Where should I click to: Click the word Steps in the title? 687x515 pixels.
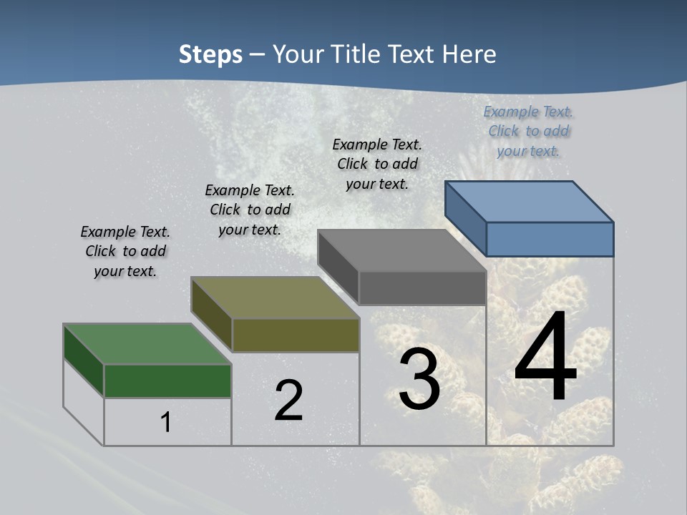(x=210, y=54)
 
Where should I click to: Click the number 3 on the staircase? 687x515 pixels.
(x=419, y=379)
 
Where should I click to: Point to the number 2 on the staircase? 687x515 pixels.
(x=288, y=401)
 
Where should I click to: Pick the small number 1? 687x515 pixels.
(x=166, y=422)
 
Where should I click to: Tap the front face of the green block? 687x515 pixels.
(x=167, y=381)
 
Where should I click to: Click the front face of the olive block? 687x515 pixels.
(x=296, y=335)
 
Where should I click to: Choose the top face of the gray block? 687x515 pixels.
(x=401, y=250)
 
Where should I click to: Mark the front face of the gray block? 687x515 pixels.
(x=422, y=288)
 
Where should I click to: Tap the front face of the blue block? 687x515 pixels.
(x=550, y=239)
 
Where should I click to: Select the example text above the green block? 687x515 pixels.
(x=125, y=251)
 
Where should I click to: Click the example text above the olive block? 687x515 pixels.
(x=250, y=210)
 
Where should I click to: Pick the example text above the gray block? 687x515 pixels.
(x=377, y=164)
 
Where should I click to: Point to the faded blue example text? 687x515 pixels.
(x=528, y=131)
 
